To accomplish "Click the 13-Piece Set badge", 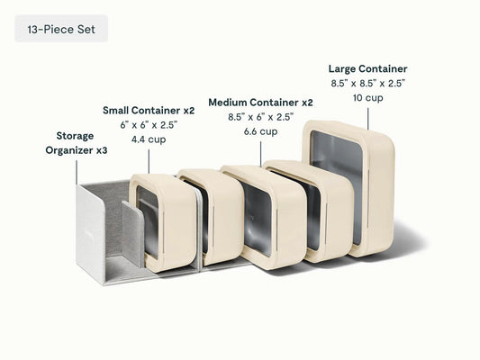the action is pyautogui.click(x=61, y=28).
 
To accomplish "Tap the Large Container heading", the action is pyautogui.click(x=368, y=68).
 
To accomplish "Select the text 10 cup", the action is pyautogui.click(x=368, y=98).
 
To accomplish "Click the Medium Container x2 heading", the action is pyautogui.click(x=261, y=103).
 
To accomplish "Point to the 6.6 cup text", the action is pyautogui.click(x=261, y=131).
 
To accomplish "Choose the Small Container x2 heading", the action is pyautogui.click(x=149, y=111).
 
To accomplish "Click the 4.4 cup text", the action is pyautogui.click(x=149, y=139).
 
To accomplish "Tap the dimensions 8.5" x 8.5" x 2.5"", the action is pyautogui.click(x=368, y=83).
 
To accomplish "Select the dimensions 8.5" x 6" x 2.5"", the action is pyautogui.click(x=261, y=117).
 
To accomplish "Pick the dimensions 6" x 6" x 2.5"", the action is pyautogui.click(x=149, y=125).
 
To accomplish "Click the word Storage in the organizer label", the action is pyautogui.click(x=75, y=136).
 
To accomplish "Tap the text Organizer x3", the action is pyautogui.click(x=77, y=150).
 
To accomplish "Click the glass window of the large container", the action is pyautogui.click(x=336, y=186).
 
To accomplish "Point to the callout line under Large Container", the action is pyautogui.click(x=368, y=119).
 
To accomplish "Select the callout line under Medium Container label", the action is pyautogui.click(x=261, y=154).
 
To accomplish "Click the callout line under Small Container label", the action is pyautogui.click(x=149, y=161).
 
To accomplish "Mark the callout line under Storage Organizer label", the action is pyautogui.click(x=77, y=173).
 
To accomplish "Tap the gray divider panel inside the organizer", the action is pyautogui.click(x=132, y=232).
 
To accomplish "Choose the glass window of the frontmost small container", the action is pyautogui.click(x=148, y=220).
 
